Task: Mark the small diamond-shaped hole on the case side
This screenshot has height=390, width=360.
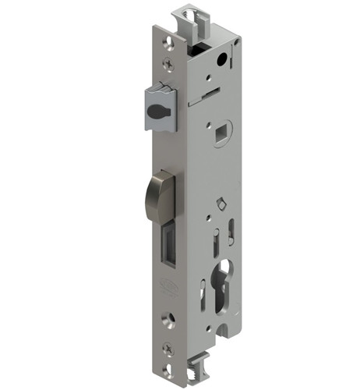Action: click(221, 205)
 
